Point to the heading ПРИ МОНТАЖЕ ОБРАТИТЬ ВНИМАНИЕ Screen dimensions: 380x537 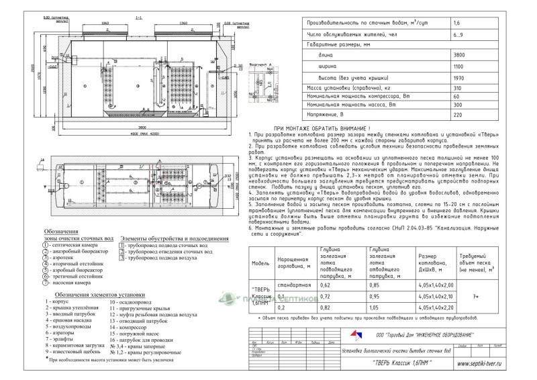pyautogui.click(x=318, y=128)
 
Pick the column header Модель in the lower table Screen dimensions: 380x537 pyautogui.click(x=259, y=263)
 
